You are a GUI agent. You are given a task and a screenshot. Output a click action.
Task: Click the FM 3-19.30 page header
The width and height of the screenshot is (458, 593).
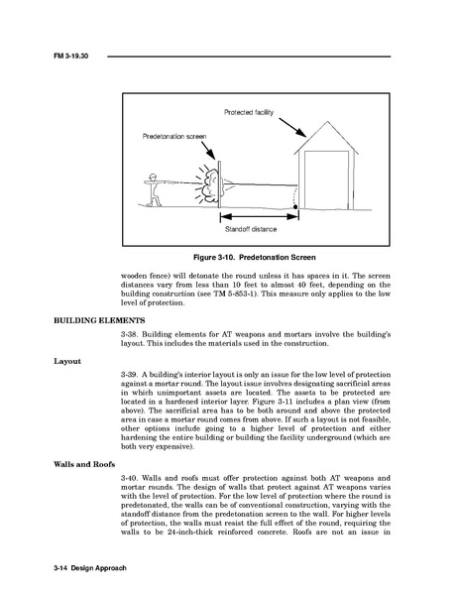click(x=71, y=56)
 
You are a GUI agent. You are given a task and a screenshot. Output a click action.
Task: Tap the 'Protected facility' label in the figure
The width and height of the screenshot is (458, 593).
click(x=249, y=112)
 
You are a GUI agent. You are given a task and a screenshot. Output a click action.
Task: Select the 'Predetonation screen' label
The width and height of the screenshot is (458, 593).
click(x=174, y=137)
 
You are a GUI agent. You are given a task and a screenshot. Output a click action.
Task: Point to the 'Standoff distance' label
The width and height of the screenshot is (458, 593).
click(x=251, y=229)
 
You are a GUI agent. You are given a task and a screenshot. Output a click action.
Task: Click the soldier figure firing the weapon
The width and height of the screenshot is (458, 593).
click(x=154, y=189)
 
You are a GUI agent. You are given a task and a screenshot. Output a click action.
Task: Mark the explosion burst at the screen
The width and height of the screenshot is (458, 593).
click(x=207, y=185)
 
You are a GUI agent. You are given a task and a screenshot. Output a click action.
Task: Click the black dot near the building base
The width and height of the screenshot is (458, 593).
click(x=295, y=207)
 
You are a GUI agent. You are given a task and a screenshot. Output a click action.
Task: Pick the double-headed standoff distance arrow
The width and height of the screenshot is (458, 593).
click(x=260, y=217)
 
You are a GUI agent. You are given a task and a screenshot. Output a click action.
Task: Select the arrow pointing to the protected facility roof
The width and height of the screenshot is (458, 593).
click(x=292, y=128)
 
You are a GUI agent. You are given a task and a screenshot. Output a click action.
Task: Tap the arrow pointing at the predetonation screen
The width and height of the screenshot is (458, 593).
click(x=208, y=150)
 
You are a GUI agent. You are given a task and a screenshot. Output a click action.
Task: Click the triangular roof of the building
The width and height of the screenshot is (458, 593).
click(x=326, y=138)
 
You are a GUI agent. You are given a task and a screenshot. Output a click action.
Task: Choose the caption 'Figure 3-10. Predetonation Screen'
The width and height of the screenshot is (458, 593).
click(x=255, y=258)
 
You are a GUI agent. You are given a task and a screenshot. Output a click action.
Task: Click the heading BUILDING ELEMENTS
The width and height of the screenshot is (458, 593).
click(x=99, y=320)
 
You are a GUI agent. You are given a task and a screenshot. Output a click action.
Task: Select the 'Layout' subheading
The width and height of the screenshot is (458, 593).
click(x=67, y=361)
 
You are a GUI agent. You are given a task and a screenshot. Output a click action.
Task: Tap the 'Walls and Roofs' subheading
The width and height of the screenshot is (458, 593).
click(x=84, y=464)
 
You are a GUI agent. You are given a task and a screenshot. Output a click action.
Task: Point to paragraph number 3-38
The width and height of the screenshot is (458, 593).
click(x=129, y=334)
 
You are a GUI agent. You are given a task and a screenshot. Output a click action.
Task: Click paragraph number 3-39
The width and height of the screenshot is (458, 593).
click(x=129, y=375)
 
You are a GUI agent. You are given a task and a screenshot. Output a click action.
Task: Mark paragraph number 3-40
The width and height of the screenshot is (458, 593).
click(x=129, y=478)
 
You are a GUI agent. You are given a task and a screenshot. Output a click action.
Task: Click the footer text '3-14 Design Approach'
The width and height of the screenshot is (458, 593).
click(x=90, y=568)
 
